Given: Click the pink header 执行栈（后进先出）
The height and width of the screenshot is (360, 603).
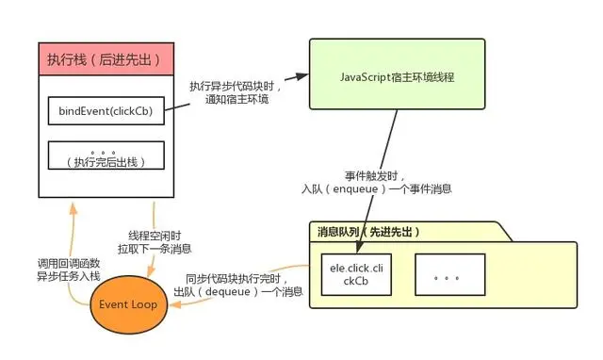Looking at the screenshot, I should [106, 60].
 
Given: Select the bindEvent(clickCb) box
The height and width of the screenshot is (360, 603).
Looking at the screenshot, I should [106, 111].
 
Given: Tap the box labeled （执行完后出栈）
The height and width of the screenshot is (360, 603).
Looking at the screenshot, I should [106, 155].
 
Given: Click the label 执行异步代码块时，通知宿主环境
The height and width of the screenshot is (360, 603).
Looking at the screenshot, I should [230, 91].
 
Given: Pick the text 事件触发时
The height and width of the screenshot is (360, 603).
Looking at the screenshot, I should [373, 175].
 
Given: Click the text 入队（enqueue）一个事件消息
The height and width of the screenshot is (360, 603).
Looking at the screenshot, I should [373, 188].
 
